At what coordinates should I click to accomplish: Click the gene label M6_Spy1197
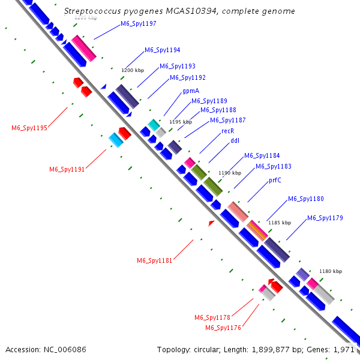point(139,24)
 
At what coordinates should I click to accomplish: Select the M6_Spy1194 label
point(163,50)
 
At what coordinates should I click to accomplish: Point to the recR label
point(227,131)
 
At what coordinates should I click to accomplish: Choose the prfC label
point(275,180)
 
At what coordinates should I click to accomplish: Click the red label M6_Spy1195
point(29,128)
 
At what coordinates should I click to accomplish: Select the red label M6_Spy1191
point(67,170)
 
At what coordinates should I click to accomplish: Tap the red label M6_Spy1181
point(155,261)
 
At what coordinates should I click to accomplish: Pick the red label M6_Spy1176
point(223,328)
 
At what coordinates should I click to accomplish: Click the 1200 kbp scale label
point(133,71)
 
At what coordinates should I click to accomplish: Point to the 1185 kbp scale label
point(279,223)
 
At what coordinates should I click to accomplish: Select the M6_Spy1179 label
point(325,218)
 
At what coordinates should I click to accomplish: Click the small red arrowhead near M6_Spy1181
point(211,223)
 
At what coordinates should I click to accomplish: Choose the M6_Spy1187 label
point(228,120)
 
